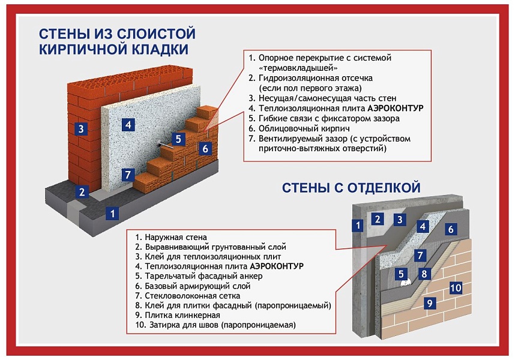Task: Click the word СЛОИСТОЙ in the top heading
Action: [x=161, y=32]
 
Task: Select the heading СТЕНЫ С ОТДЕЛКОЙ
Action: [x=351, y=188]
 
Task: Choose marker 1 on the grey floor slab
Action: [x=112, y=212]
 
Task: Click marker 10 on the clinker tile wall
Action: [x=456, y=287]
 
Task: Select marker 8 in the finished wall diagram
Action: [x=424, y=274]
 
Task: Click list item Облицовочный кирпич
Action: [x=295, y=128]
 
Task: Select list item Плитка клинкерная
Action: [x=174, y=314]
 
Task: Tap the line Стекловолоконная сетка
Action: [x=188, y=295]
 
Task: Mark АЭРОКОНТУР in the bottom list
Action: [x=277, y=266]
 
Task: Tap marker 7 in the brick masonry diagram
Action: [x=127, y=175]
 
